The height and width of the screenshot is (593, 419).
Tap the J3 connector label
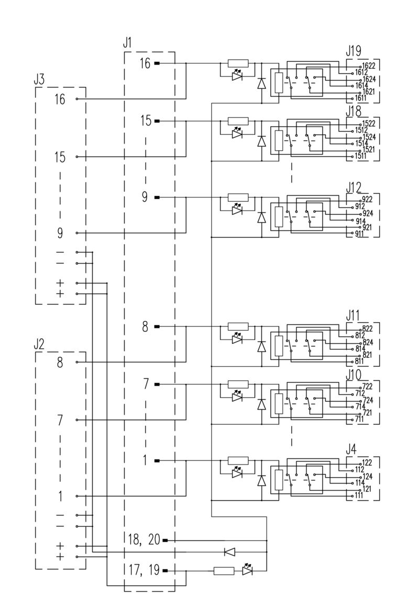[39, 80]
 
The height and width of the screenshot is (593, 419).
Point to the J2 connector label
[39, 345]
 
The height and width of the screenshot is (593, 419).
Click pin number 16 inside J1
[145, 63]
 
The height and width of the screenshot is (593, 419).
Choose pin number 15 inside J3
[60, 157]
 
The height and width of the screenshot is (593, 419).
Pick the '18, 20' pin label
[144, 540]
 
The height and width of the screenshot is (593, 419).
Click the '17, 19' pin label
[144, 570]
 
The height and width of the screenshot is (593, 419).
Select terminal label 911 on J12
[359, 233]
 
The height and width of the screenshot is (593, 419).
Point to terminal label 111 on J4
[359, 496]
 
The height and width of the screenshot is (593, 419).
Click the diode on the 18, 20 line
[229, 551]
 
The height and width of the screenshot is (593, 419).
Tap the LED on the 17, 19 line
[248, 570]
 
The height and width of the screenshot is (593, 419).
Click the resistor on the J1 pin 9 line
[238, 197]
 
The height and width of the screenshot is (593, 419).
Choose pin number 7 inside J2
[60, 420]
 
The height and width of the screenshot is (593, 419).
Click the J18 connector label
[354, 111]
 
